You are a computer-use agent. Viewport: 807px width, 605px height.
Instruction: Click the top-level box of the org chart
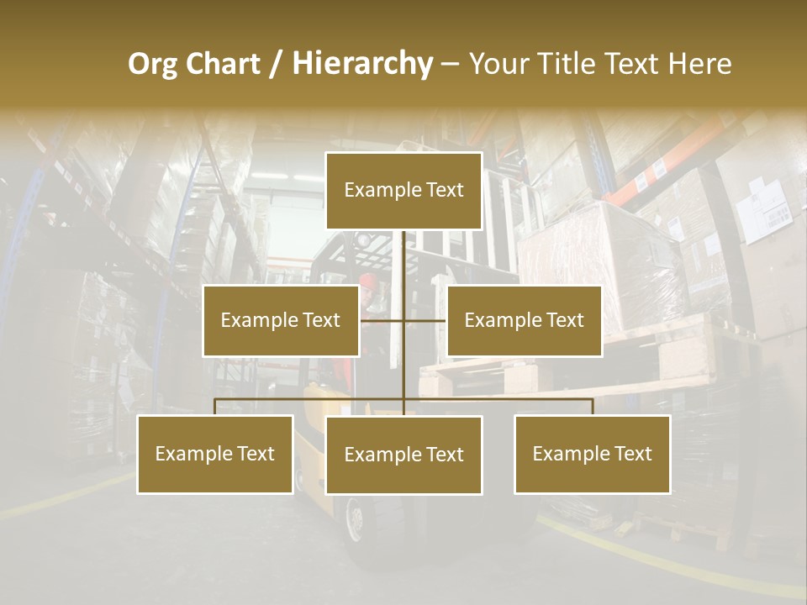pyautogui.click(x=403, y=191)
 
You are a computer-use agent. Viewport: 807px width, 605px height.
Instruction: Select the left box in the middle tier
pyautogui.click(x=281, y=320)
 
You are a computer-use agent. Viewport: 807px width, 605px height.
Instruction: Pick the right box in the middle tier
pyautogui.click(x=525, y=320)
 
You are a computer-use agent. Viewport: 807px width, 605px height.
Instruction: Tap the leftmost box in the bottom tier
pyautogui.click(x=215, y=454)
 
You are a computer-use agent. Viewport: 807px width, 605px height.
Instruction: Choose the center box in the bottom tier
pyautogui.click(x=403, y=455)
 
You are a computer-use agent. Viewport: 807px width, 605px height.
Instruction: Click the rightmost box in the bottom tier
pyautogui.click(x=593, y=454)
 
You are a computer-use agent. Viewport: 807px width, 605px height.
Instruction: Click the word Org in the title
pyautogui.click(x=152, y=64)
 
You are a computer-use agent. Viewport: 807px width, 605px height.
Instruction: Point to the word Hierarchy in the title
pyautogui.click(x=361, y=64)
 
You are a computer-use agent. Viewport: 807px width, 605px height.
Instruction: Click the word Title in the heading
pyautogui.click(x=569, y=64)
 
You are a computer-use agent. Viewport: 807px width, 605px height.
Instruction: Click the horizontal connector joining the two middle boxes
pyautogui.click(x=403, y=320)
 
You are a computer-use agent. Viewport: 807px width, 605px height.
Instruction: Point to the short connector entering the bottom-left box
pyautogui.click(x=215, y=407)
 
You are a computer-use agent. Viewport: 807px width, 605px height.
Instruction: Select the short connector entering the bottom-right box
pyautogui.click(x=593, y=407)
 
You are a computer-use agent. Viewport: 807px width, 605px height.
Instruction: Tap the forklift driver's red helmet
pyautogui.click(x=367, y=279)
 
